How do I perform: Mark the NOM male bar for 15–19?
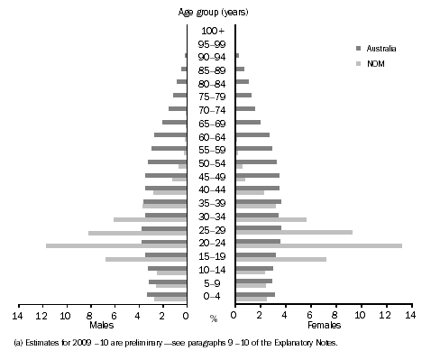click(x=145, y=259)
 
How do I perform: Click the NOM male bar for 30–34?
click(x=150, y=219)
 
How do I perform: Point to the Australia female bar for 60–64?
click(x=252, y=134)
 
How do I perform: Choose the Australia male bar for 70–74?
click(x=177, y=108)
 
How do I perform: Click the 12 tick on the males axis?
click(x=41, y=316)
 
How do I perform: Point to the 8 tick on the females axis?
click(x=335, y=316)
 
